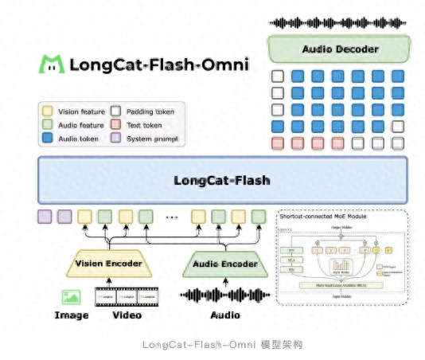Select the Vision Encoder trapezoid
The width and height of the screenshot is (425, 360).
(108, 264)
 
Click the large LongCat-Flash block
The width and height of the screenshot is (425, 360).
(222, 180)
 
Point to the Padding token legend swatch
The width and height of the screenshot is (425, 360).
(116, 112)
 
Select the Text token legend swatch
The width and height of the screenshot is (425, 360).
(116, 125)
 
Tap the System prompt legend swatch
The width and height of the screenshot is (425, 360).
(116, 139)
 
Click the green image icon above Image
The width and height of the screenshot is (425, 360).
(72, 297)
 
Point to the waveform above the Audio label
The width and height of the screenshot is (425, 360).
(224, 295)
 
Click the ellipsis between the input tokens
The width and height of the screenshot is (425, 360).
(170, 217)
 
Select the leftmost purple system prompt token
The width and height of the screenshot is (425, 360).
(45, 216)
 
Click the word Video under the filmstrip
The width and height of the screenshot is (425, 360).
(127, 315)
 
